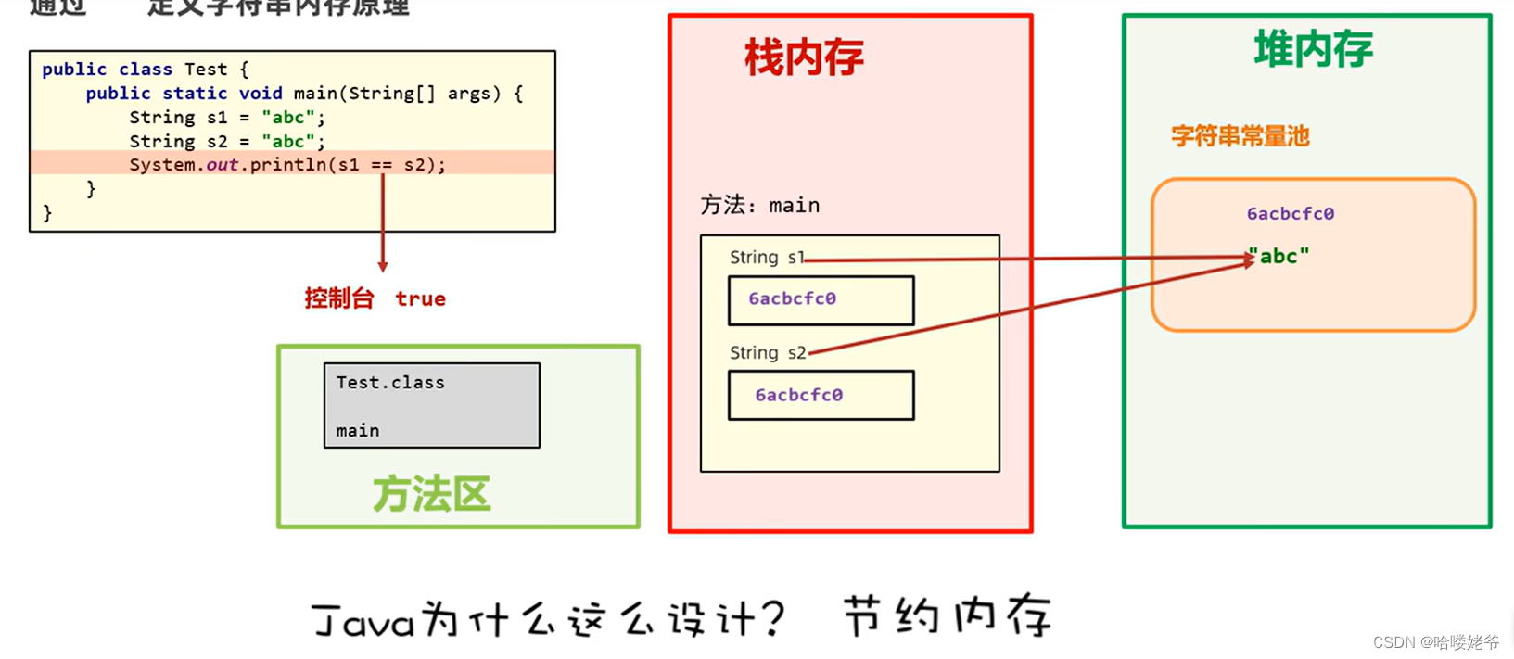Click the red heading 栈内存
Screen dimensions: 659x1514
coord(804,57)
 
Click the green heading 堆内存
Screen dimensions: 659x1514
coord(1313,49)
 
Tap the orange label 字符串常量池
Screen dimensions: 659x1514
coord(1240,136)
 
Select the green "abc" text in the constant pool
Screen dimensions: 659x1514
coord(1279,256)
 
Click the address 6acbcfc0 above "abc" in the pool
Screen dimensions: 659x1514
coord(1290,214)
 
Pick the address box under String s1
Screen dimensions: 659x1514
coord(821,299)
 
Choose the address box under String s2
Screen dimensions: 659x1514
coord(821,395)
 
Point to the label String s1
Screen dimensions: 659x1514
coord(766,258)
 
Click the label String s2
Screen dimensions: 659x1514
coord(767,353)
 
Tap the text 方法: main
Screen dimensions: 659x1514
coord(759,205)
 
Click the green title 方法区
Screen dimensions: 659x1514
coord(431,495)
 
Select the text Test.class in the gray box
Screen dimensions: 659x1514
coord(390,383)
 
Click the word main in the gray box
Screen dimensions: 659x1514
coord(358,431)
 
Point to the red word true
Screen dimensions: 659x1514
coord(420,298)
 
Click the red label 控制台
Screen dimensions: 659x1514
coord(338,298)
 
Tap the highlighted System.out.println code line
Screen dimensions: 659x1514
coord(287,165)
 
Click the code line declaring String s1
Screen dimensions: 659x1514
coord(227,118)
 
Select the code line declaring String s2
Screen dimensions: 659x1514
coord(227,142)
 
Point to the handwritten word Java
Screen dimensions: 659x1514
coord(363,620)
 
